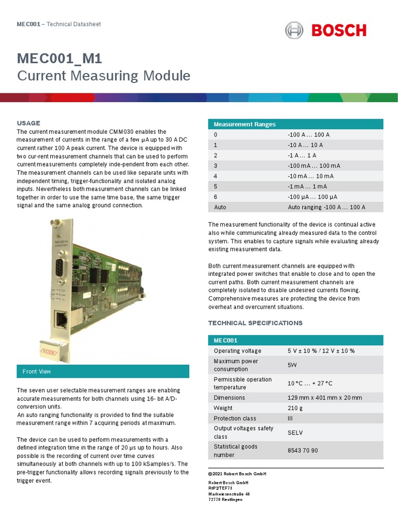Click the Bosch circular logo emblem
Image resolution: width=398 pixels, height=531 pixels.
pyautogui.click(x=294, y=30)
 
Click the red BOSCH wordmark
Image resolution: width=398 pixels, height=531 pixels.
pyautogui.click(x=339, y=30)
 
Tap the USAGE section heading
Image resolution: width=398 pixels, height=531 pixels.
pyautogui.click(x=29, y=123)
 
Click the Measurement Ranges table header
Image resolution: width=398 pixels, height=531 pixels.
pyautogui.click(x=245, y=124)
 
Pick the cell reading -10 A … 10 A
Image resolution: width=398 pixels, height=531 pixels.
pyautogui.click(x=305, y=145)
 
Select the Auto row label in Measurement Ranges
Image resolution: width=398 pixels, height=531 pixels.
pyautogui.click(x=220, y=207)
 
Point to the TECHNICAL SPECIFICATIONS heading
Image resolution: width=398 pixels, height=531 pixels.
pyautogui.click(x=255, y=323)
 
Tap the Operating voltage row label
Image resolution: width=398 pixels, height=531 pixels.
pyautogui.click(x=237, y=351)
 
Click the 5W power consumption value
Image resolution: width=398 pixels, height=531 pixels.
pyautogui.click(x=292, y=365)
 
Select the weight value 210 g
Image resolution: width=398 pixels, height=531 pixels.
pyautogui.click(x=295, y=408)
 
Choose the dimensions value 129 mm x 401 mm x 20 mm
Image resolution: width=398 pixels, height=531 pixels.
pyautogui.click(x=324, y=398)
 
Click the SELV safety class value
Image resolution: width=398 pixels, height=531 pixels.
pyautogui.click(x=295, y=432)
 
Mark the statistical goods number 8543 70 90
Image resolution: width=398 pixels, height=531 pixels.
pyautogui.click(x=303, y=451)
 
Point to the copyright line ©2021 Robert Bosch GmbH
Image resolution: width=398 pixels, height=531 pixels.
pyautogui.click(x=237, y=474)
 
